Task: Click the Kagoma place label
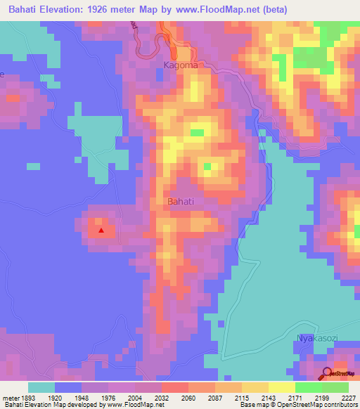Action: point(181,65)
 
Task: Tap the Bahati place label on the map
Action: point(181,202)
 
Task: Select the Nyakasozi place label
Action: point(317,338)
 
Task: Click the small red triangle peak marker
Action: point(101,229)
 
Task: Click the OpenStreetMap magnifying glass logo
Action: point(327,374)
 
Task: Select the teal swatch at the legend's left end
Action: point(41,387)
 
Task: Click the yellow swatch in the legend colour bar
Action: point(281,387)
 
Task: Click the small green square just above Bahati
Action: point(207,167)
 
